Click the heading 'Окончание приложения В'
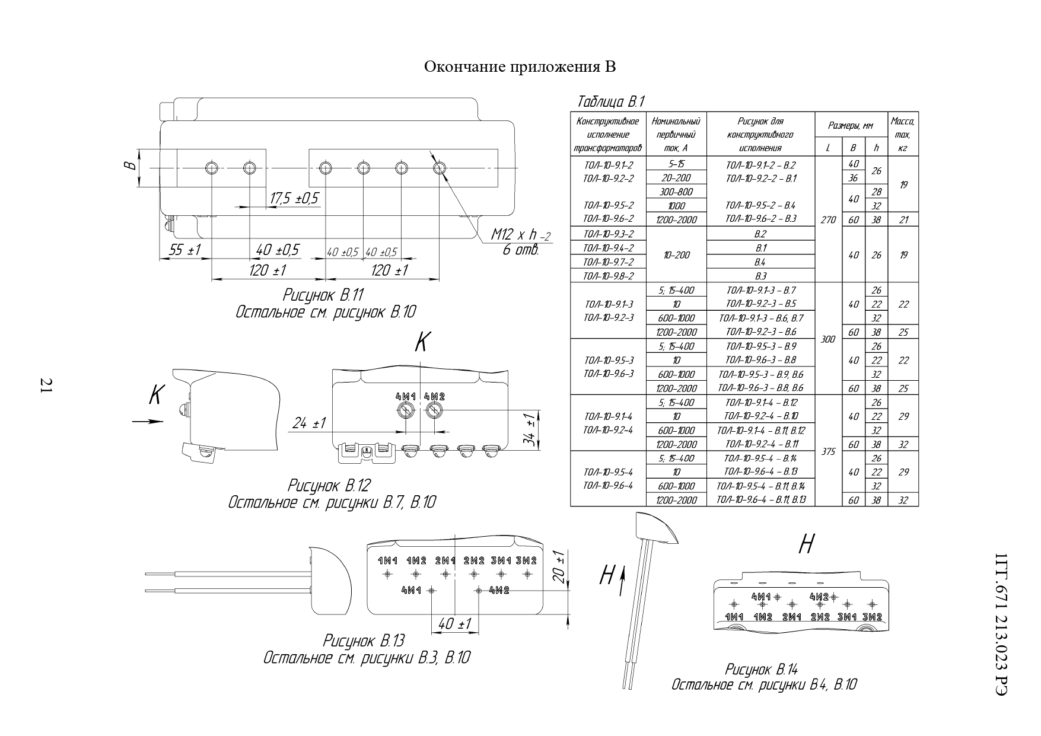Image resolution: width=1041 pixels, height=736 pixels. pyautogui.click(x=520, y=66)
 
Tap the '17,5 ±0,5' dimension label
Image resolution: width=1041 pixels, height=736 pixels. pyautogui.click(x=294, y=199)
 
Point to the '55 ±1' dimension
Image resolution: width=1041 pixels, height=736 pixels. pyautogui.click(x=184, y=251)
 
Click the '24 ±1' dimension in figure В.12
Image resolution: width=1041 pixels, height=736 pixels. pyautogui.click(x=309, y=423)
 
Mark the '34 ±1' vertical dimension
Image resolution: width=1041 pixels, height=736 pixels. pyautogui.click(x=532, y=430)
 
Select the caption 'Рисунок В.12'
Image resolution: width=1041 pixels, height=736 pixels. pyautogui.click(x=329, y=486)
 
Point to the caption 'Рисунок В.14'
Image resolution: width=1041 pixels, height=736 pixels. pyautogui.click(x=761, y=670)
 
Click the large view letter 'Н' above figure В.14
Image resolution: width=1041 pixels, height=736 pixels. pyautogui.click(x=806, y=544)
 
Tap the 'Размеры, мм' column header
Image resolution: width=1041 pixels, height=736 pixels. pyautogui.click(x=851, y=126)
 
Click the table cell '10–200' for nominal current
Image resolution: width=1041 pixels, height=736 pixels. pyautogui.click(x=676, y=255)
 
